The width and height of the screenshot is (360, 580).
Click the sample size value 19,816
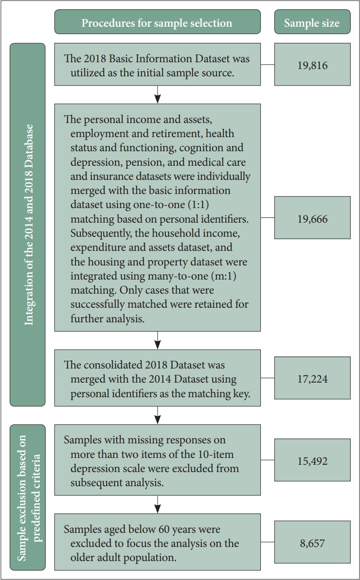312,65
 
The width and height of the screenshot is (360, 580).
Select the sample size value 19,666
312,218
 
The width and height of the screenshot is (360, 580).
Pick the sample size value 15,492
312,460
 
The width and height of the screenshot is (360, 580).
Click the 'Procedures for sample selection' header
157,23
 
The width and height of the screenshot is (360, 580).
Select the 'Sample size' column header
312,23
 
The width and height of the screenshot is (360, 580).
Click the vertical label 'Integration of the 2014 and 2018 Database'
28,224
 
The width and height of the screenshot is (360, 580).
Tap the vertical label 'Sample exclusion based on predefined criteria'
28,497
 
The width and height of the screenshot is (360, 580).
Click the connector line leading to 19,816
267,65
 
